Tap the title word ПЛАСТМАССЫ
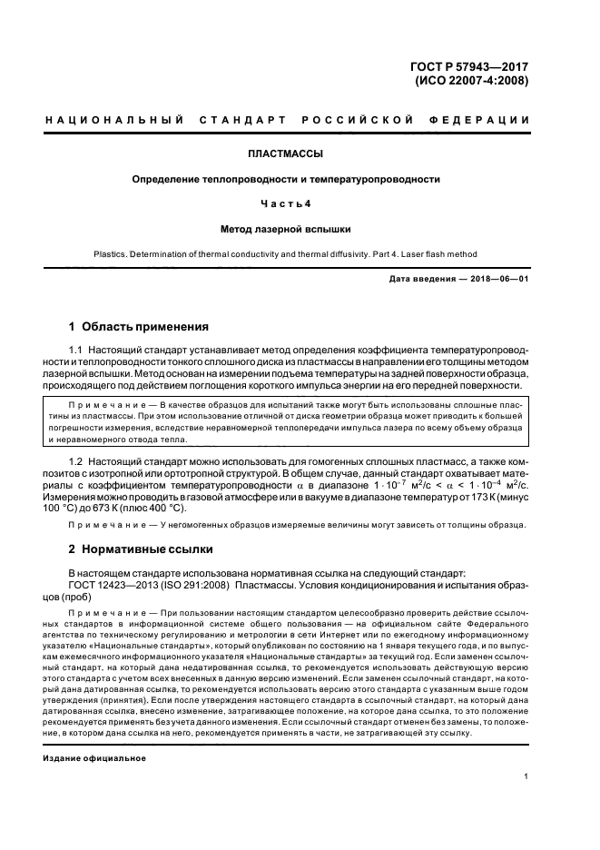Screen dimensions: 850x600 [x=286, y=154]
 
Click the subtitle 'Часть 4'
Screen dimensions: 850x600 [x=286, y=204]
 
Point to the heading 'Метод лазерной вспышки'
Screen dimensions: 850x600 [x=286, y=230]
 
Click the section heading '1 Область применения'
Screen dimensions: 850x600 [x=139, y=327]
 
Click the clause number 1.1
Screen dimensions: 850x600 [x=76, y=351]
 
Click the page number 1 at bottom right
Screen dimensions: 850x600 [x=526, y=776]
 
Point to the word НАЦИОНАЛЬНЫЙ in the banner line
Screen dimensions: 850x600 [x=115, y=120]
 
